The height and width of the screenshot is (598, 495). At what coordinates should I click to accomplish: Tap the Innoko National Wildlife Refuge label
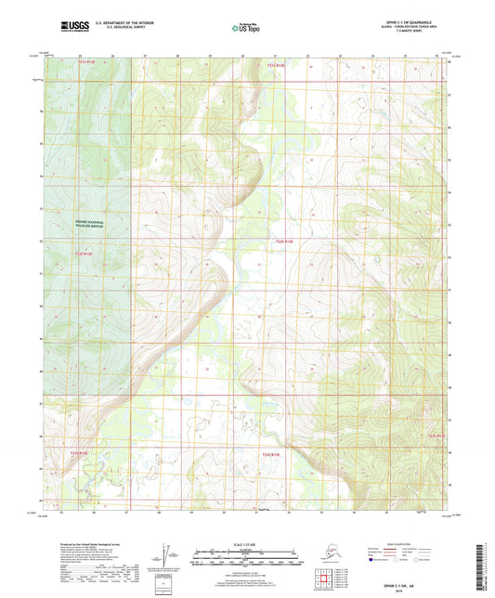tap(92, 224)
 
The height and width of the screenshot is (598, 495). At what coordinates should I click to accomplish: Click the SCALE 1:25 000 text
tap(245, 543)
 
